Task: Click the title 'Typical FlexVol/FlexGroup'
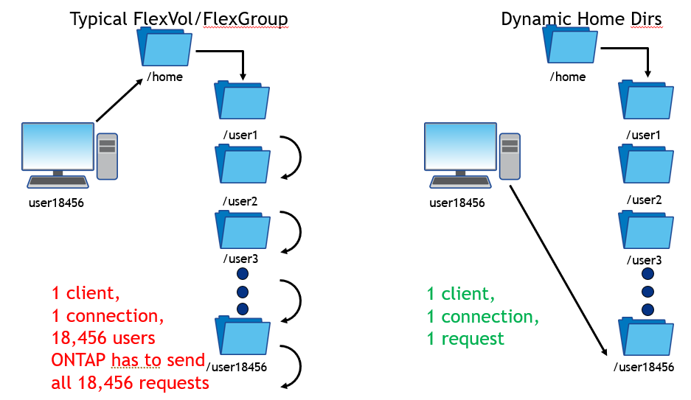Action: [178, 19]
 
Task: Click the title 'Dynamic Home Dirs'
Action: [583, 19]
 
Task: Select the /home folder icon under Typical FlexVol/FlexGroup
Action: [166, 47]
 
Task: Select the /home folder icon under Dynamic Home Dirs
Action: [571, 48]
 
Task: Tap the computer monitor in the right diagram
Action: [461, 147]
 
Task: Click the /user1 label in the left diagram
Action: [241, 135]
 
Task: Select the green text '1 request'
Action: [465, 339]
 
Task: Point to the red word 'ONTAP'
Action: [79, 361]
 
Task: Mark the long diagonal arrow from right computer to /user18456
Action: [558, 269]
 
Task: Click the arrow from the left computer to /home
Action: [119, 101]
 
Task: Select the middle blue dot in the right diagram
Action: [648, 290]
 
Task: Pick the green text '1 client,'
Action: [459, 294]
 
